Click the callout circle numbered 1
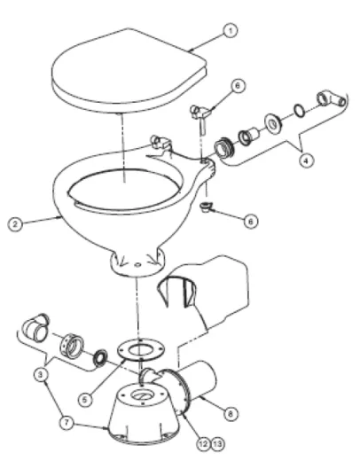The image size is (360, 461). tap(231, 30)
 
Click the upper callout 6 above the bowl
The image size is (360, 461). tap(237, 86)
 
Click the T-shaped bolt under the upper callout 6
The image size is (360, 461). tap(199, 113)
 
